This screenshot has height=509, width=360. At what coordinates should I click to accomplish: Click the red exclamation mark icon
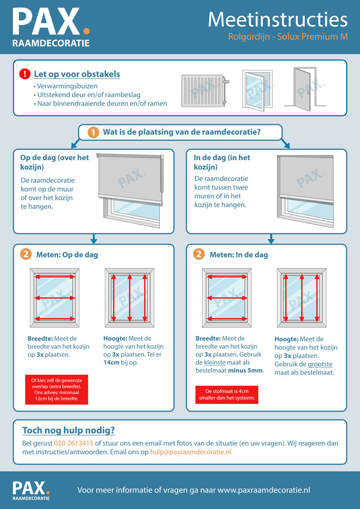point(25,74)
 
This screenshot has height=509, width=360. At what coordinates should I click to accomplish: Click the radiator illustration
point(205,91)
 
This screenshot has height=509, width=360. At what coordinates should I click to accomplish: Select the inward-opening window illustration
point(257,90)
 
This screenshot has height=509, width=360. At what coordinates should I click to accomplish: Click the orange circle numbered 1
point(93,133)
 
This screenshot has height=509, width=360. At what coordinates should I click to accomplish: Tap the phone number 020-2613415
point(73,443)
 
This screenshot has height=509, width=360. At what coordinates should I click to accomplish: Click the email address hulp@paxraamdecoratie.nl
point(191,452)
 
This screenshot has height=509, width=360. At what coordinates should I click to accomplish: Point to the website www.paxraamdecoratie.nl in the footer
point(264,490)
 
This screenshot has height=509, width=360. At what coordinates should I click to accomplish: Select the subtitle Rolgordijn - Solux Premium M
point(288,37)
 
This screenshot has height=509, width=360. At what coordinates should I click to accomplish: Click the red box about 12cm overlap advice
point(57,389)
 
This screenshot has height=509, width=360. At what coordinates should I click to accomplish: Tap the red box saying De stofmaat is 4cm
point(227,395)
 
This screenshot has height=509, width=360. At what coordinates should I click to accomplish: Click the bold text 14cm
point(112,362)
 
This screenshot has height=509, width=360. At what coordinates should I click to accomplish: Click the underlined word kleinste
point(215,362)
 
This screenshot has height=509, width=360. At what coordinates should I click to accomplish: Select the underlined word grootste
point(320,364)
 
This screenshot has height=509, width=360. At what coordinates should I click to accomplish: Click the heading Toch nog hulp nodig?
point(68,430)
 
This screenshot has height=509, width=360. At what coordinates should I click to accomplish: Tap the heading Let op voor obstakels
point(77,74)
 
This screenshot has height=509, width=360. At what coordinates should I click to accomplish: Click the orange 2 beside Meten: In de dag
point(199,254)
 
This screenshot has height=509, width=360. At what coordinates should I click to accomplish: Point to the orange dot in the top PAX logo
point(86,31)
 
